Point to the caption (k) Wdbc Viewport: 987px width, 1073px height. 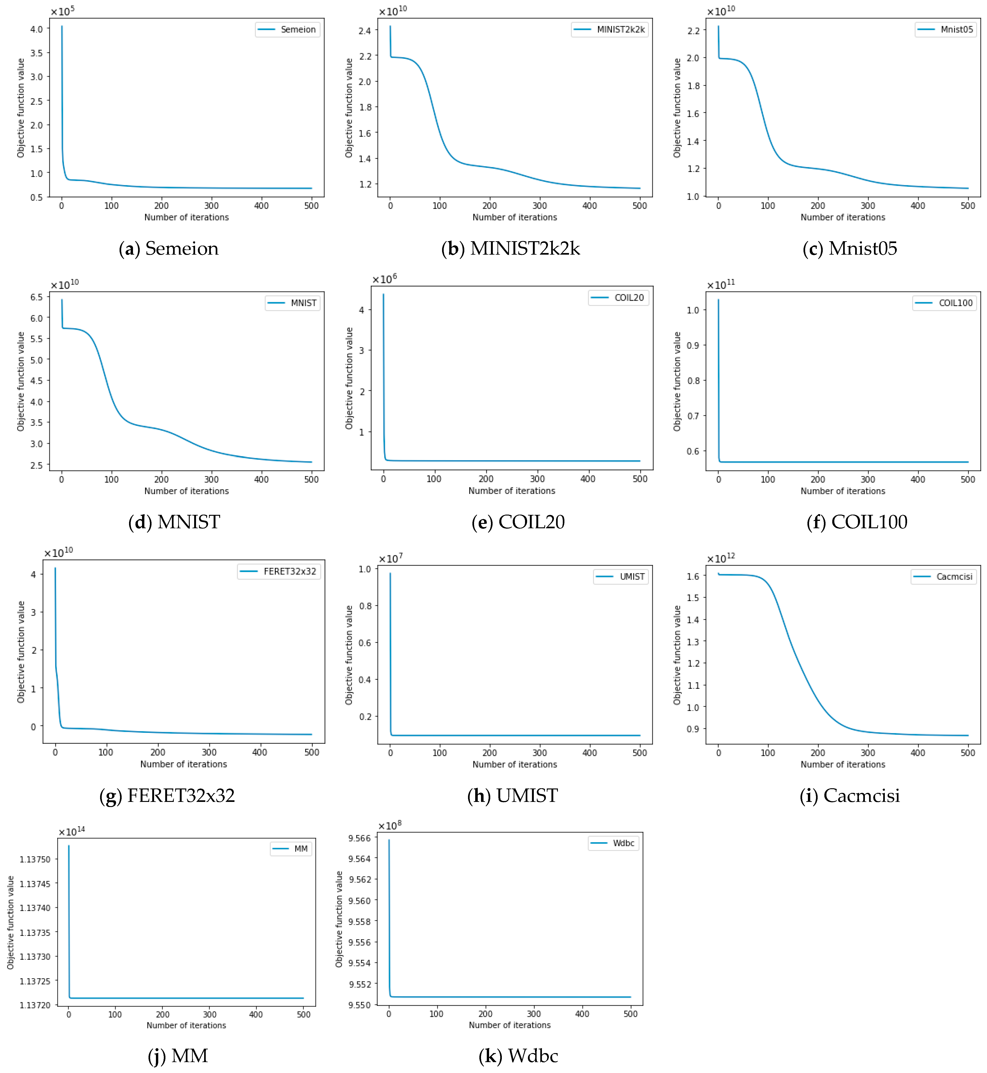(x=518, y=1056)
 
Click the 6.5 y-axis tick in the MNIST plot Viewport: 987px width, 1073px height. (x=36, y=297)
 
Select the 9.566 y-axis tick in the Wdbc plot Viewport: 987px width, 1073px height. (x=359, y=838)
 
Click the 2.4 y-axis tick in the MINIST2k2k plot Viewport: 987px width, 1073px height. (x=365, y=30)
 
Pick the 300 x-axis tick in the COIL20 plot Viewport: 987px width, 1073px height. (x=537, y=479)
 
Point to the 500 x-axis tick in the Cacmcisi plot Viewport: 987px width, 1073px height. (x=968, y=753)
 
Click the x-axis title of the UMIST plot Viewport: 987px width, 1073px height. (x=514, y=764)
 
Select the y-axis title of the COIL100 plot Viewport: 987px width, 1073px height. (x=677, y=381)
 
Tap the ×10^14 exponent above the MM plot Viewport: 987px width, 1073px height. (x=72, y=831)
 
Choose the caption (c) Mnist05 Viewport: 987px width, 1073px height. (x=850, y=248)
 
